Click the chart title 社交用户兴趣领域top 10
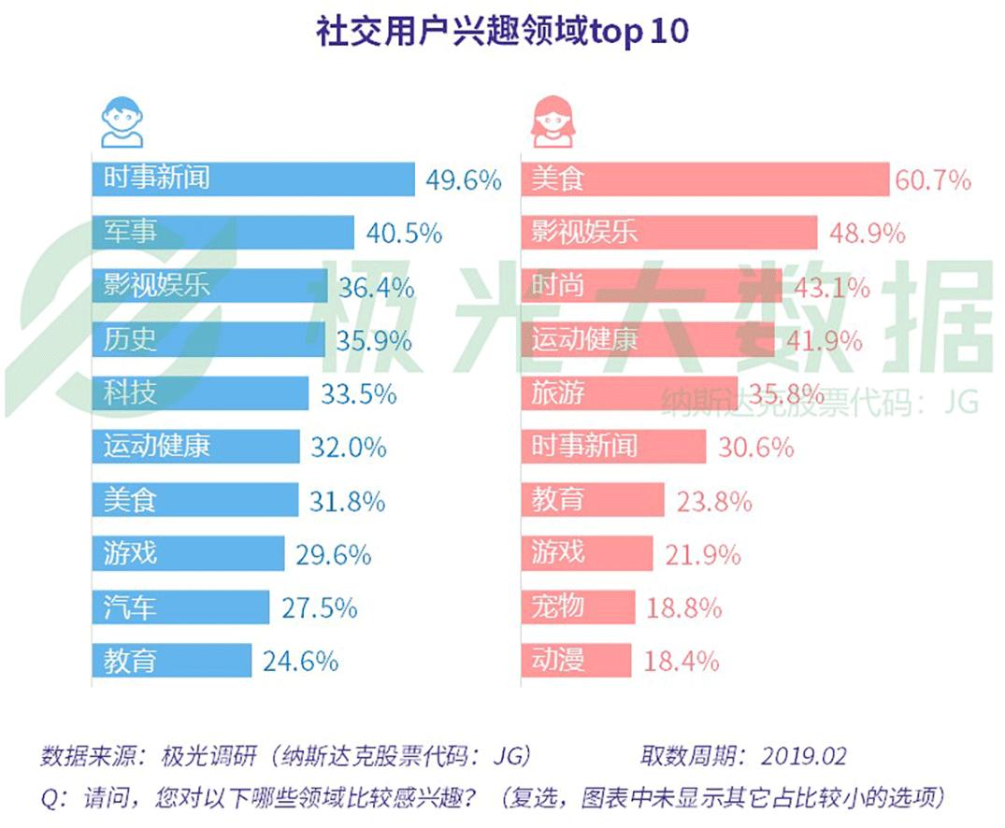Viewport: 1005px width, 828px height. (x=502, y=31)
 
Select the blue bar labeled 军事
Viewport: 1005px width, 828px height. (x=223, y=232)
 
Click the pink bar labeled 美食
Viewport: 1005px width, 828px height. (x=704, y=178)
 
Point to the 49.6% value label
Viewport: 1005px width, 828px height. (x=464, y=179)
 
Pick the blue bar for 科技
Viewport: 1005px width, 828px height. (x=200, y=393)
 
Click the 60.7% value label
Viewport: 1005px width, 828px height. (x=933, y=179)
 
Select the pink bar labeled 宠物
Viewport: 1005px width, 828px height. (x=578, y=607)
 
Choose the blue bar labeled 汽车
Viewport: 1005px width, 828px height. (x=180, y=608)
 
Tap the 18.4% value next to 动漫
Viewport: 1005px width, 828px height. (x=682, y=662)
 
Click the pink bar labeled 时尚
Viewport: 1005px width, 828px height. (x=651, y=286)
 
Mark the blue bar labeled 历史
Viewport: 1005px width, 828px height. (x=208, y=339)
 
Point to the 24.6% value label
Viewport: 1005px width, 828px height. (x=300, y=662)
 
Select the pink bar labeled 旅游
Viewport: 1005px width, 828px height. (x=629, y=393)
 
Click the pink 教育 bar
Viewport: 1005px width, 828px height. (x=592, y=501)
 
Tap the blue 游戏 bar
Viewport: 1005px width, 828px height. (x=188, y=555)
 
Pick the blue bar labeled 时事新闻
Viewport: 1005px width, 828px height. (x=252, y=178)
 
